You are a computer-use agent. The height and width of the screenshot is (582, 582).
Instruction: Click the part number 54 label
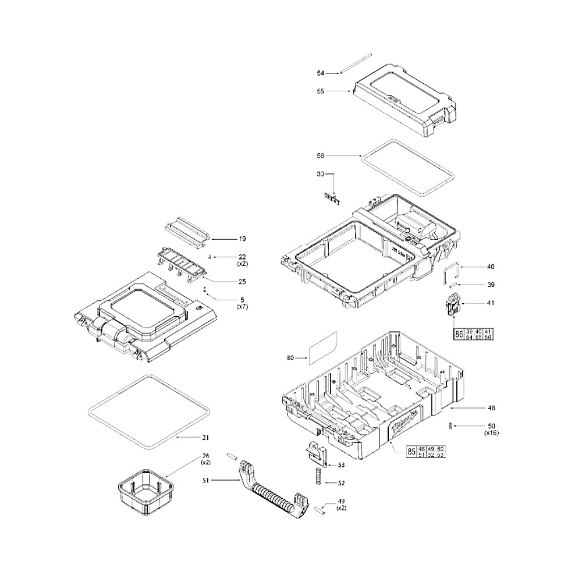(x=320, y=73)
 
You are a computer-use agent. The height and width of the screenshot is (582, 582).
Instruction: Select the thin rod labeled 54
(x=356, y=63)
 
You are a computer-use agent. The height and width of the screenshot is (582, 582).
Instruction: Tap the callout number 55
(x=320, y=91)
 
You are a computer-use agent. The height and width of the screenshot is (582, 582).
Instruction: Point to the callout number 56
(x=320, y=156)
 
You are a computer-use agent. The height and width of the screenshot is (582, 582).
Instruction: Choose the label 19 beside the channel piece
(x=242, y=239)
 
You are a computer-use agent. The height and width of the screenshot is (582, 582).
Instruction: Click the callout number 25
(x=242, y=282)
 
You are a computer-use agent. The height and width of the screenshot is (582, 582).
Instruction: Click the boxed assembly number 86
(x=459, y=333)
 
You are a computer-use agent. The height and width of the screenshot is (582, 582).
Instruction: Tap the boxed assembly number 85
(x=411, y=451)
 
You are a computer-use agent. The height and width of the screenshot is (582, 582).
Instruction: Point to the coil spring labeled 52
(x=318, y=475)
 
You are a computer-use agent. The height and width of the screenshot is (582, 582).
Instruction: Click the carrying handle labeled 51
(x=271, y=492)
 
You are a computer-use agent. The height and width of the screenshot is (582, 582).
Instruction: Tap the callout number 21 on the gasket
(x=205, y=437)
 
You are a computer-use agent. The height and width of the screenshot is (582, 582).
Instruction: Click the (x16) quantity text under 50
(x=491, y=433)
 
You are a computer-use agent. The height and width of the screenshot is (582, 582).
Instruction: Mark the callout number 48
(x=491, y=408)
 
